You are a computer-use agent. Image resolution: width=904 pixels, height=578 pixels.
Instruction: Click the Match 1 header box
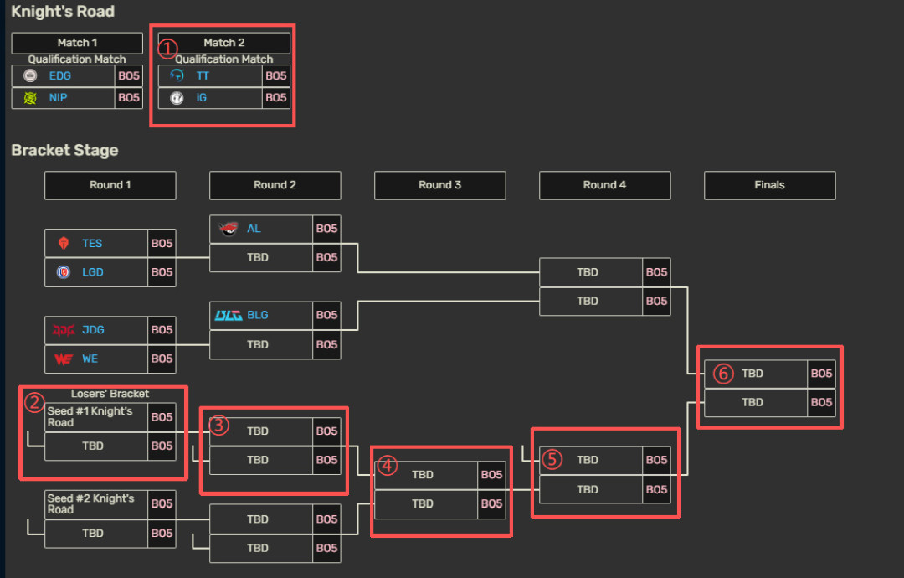point(77,43)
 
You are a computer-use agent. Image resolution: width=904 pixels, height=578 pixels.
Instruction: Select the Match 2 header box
point(224,43)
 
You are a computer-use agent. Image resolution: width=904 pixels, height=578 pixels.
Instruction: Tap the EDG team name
point(60,75)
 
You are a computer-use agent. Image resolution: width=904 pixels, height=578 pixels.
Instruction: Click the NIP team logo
point(30,98)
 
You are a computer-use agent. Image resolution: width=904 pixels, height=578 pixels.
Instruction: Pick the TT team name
point(203,75)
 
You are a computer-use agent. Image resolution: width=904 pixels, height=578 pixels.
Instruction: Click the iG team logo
point(177,98)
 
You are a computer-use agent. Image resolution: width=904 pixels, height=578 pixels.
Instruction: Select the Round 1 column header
point(110,185)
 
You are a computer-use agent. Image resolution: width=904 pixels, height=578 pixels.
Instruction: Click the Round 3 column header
point(440,185)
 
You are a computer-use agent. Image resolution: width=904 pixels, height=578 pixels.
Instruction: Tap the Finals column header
point(770,185)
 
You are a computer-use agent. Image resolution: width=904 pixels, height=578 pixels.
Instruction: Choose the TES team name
point(92,244)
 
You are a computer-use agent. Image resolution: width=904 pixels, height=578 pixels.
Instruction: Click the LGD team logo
point(64,272)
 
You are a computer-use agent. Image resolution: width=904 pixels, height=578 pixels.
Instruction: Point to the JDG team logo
point(64,330)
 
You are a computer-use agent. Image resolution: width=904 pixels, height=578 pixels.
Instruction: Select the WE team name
point(90,359)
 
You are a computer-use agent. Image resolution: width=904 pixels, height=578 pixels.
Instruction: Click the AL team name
point(254,229)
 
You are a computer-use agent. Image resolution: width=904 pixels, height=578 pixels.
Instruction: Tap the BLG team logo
point(229,316)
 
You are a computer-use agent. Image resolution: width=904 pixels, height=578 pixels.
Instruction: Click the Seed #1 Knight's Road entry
point(90,416)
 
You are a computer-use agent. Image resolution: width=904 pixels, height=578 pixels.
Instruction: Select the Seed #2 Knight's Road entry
point(90,503)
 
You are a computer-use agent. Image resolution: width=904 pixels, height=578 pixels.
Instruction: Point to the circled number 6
point(723,374)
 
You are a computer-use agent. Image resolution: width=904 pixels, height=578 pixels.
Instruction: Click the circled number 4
point(387,466)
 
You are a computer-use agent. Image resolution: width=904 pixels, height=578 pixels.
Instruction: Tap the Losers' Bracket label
point(110,394)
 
